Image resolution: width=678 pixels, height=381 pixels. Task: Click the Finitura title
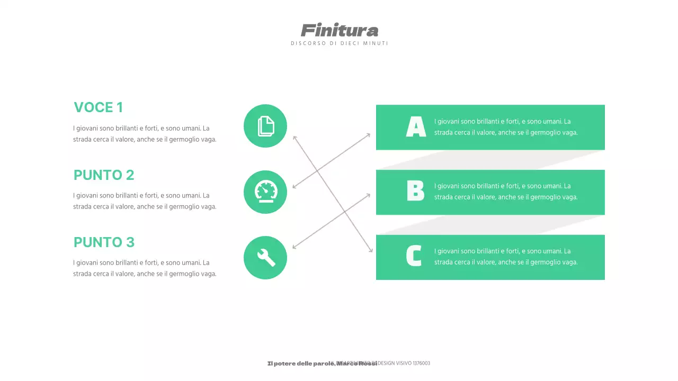(340, 30)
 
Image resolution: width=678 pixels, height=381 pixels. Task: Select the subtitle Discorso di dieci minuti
(340, 43)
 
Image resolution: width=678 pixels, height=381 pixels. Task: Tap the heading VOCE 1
(99, 108)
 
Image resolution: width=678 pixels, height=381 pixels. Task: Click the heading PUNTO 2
(104, 175)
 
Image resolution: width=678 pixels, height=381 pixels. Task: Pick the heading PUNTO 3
(104, 242)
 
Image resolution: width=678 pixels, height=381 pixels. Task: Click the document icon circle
(265, 126)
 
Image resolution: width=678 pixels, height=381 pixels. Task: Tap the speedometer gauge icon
(265, 192)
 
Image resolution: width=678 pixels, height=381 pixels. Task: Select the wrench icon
(265, 258)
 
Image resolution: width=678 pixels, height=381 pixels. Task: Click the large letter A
(416, 127)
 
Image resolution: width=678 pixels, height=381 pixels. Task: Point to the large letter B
(416, 191)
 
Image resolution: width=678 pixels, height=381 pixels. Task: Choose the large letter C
(414, 256)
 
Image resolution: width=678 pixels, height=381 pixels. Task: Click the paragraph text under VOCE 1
(145, 134)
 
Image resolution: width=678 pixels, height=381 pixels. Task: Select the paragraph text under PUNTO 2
(145, 201)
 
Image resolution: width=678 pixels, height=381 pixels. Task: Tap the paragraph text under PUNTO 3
(145, 268)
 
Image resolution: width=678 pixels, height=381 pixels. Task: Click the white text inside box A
(506, 127)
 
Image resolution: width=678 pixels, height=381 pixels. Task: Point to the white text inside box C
(506, 257)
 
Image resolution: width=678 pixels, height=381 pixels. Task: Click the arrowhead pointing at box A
(369, 134)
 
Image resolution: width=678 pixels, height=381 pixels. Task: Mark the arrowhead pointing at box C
(371, 251)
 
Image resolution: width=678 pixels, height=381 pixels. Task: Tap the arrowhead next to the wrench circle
(294, 247)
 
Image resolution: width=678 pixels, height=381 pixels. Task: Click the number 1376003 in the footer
(421, 364)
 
